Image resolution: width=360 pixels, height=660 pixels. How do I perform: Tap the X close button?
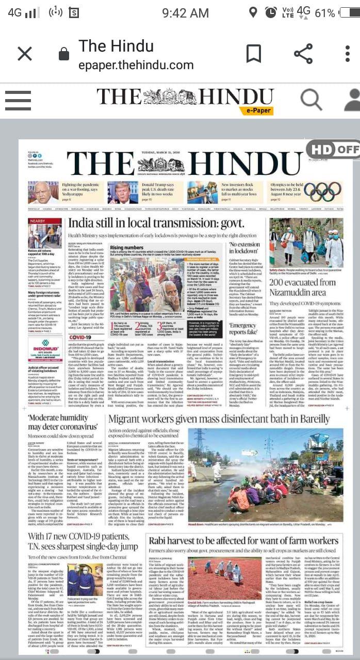coord(25,54)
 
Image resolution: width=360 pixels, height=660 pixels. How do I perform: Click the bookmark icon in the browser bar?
coord(253,54)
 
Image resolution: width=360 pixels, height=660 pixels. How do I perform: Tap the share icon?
coord(303,54)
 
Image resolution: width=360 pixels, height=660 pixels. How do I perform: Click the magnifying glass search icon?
coord(311,99)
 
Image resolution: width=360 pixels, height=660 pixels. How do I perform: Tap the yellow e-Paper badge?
coord(256,110)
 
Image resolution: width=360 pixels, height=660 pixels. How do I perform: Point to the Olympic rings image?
coord(322,191)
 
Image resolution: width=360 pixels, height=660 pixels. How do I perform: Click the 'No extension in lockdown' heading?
coord(245,248)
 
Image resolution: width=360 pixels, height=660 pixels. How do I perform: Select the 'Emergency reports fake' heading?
coord(243,329)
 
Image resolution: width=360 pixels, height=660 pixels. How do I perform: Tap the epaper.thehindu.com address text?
coord(136,66)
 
